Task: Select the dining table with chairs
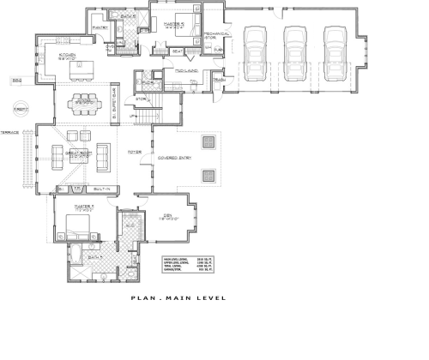click(82, 100)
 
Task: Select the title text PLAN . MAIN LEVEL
click(178, 298)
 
